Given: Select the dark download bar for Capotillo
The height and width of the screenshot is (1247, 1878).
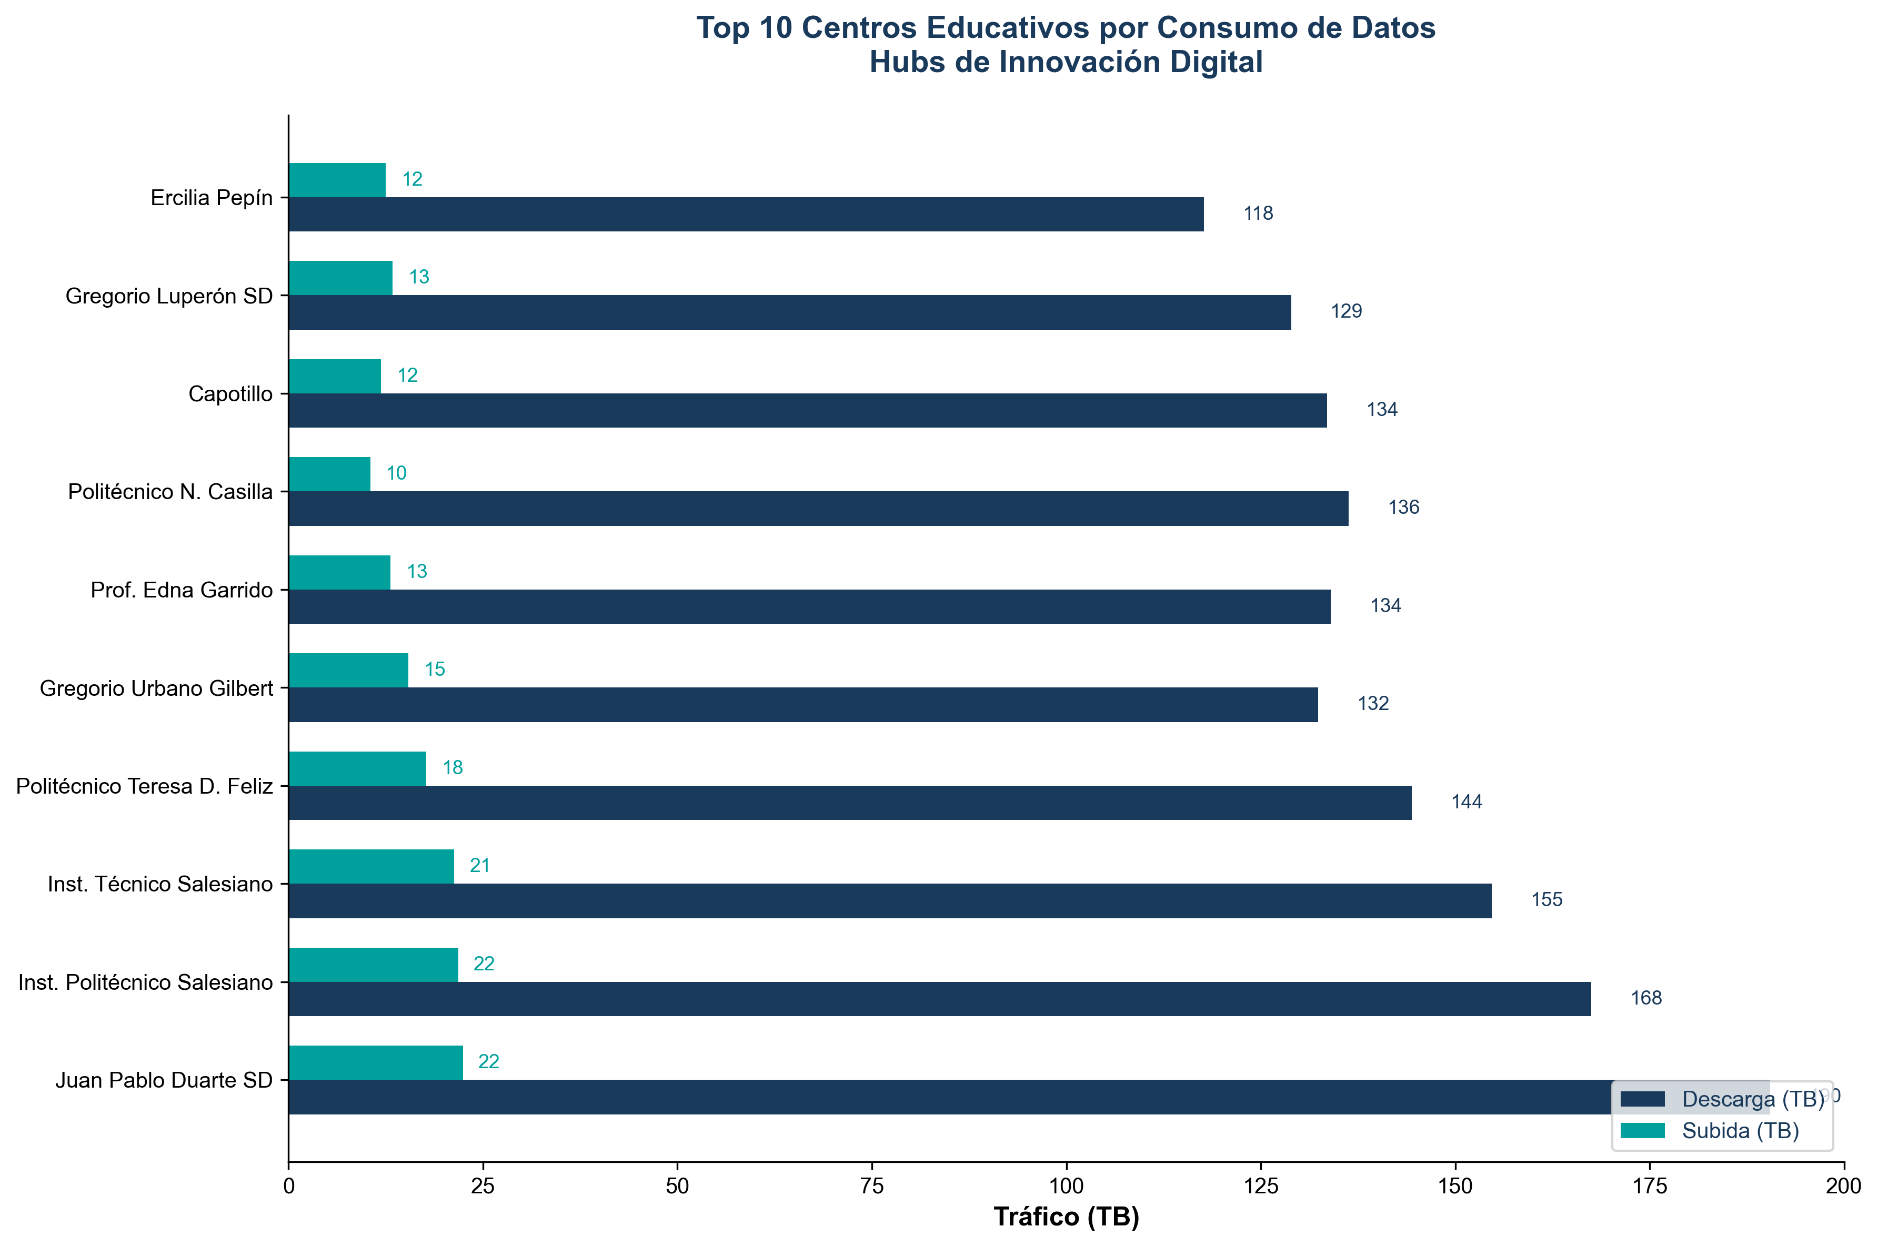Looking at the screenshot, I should pyautogui.click(x=807, y=410).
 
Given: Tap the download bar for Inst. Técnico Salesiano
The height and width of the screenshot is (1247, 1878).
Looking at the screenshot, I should pyautogui.click(x=889, y=900).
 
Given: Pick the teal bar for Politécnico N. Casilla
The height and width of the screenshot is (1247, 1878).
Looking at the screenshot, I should pyautogui.click(x=329, y=474).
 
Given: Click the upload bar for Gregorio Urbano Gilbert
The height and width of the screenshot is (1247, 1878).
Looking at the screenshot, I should pyautogui.click(x=348, y=670).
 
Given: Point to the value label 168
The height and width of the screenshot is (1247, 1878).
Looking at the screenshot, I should pyautogui.click(x=1646, y=998).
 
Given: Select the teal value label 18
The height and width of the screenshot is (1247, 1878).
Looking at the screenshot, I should pyautogui.click(x=453, y=767).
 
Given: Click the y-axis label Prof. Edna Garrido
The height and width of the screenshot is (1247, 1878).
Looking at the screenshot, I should pyautogui.click(x=182, y=590).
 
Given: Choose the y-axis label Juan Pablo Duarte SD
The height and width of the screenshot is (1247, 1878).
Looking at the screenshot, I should pyautogui.click(x=164, y=1080).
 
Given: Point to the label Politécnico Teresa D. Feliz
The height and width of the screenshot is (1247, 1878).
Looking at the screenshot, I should pyautogui.click(x=144, y=786).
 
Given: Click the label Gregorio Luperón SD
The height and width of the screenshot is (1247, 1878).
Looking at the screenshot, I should pyautogui.click(x=168, y=296).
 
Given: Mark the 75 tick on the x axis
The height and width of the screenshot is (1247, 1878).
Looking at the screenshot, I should pyautogui.click(x=872, y=1186).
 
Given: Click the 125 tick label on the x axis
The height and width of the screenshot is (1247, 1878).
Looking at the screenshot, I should pyautogui.click(x=1261, y=1186).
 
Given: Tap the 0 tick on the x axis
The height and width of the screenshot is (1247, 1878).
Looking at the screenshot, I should pyautogui.click(x=289, y=1186).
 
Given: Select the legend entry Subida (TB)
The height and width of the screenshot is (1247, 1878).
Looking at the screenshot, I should pyautogui.click(x=1740, y=1131).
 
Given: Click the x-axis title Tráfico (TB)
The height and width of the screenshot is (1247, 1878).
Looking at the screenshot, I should pyautogui.click(x=1066, y=1218).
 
